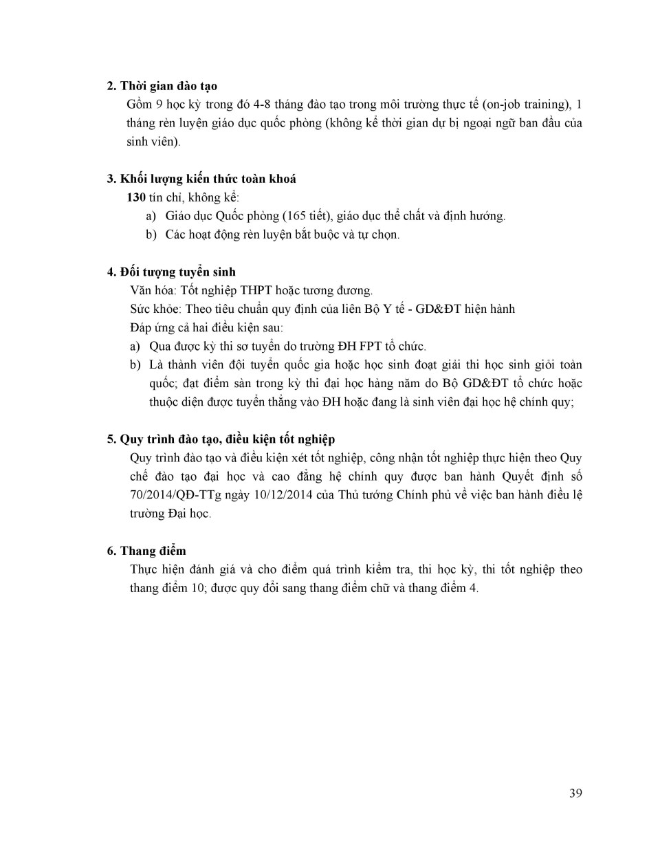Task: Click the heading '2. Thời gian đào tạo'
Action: click(x=162, y=86)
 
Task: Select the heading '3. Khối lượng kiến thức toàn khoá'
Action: click(x=201, y=179)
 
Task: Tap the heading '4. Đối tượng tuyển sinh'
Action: click(x=171, y=272)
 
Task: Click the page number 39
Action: click(x=575, y=793)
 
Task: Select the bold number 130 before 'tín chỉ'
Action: click(x=136, y=197)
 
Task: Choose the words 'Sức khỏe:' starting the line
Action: click(x=155, y=309)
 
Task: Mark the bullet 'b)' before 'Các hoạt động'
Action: click(x=151, y=234)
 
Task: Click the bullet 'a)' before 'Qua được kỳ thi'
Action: click(x=135, y=347)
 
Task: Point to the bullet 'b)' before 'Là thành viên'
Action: click(x=135, y=365)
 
